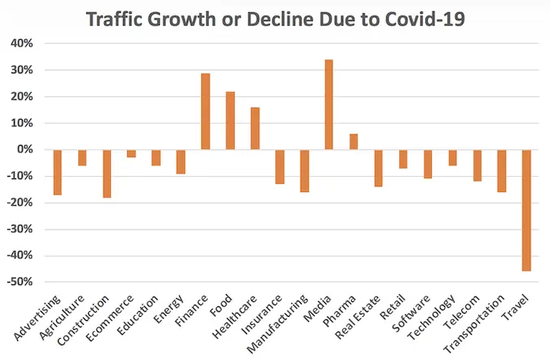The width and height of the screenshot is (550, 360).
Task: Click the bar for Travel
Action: (x=527, y=210)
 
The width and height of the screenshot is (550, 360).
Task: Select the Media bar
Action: (x=329, y=104)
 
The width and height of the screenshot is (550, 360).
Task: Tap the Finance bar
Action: (x=206, y=112)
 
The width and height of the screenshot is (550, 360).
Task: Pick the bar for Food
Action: (x=231, y=121)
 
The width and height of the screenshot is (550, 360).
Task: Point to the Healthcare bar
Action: (x=255, y=129)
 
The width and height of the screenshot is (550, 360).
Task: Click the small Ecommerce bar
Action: (x=131, y=153)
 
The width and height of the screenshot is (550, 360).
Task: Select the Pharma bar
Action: (x=354, y=142)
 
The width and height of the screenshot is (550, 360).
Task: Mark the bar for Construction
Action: (x=107, y=173)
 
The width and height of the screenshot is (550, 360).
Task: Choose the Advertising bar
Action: (x=58, y=172)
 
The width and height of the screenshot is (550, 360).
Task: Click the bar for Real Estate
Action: (x=378, y=168)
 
